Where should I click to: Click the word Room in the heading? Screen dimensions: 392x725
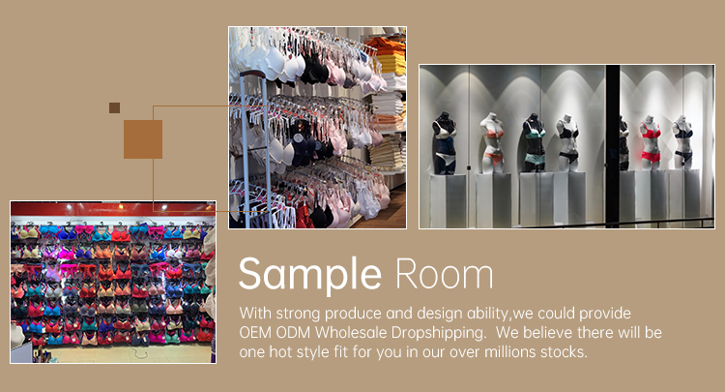[442, 275]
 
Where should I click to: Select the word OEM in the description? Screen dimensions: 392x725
[258, 333]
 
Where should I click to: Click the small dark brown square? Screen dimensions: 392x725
[114, 107]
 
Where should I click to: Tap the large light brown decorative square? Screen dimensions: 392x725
[142, 138]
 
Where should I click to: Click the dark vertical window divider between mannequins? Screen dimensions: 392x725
[612, 145]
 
